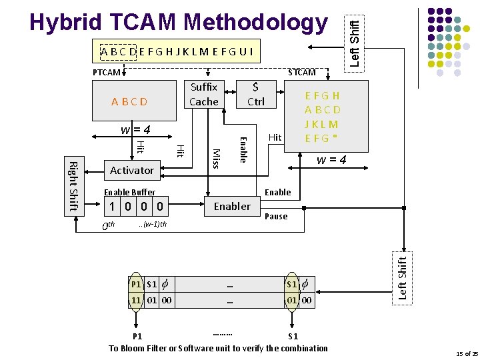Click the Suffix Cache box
(203, 95)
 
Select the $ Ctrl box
(256, 95)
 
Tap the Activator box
(131, 171)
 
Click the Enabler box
(232, 207)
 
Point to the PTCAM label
(106, 72)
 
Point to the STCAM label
(301, 72)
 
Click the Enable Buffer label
(129, 193)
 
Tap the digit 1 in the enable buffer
(114, 207)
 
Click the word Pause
(276, 217)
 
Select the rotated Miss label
(215, 158)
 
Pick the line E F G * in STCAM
(321, 139)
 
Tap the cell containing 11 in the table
(136, 301)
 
